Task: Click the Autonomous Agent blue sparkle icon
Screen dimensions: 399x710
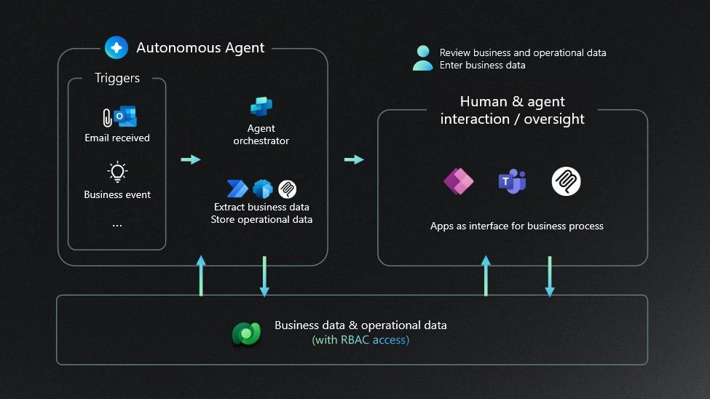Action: point(117,48)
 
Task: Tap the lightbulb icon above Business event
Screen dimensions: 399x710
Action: point(117,172)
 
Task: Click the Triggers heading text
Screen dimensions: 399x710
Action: point(117,79)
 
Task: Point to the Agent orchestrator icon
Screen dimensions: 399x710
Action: point(261,107)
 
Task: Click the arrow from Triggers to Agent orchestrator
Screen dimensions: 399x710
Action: point(191,159)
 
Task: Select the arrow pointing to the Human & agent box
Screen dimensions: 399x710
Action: point(354,159)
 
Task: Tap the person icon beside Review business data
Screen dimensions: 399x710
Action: point(422,58)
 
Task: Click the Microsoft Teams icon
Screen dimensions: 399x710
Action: point(512,181)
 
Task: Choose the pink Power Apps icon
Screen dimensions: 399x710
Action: point(459,181)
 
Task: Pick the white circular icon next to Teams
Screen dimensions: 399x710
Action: point(566,181)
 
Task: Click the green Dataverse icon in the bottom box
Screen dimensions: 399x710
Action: point(246,332)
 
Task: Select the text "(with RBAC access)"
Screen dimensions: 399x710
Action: point(360,339)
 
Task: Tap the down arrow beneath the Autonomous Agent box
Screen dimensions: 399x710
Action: point(264,277)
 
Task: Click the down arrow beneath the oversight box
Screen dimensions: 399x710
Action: point(550,277)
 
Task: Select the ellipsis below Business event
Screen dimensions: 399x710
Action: point(117,226)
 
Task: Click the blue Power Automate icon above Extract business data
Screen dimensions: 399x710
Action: point(238,189)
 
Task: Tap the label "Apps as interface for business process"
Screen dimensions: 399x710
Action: point(517,226)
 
